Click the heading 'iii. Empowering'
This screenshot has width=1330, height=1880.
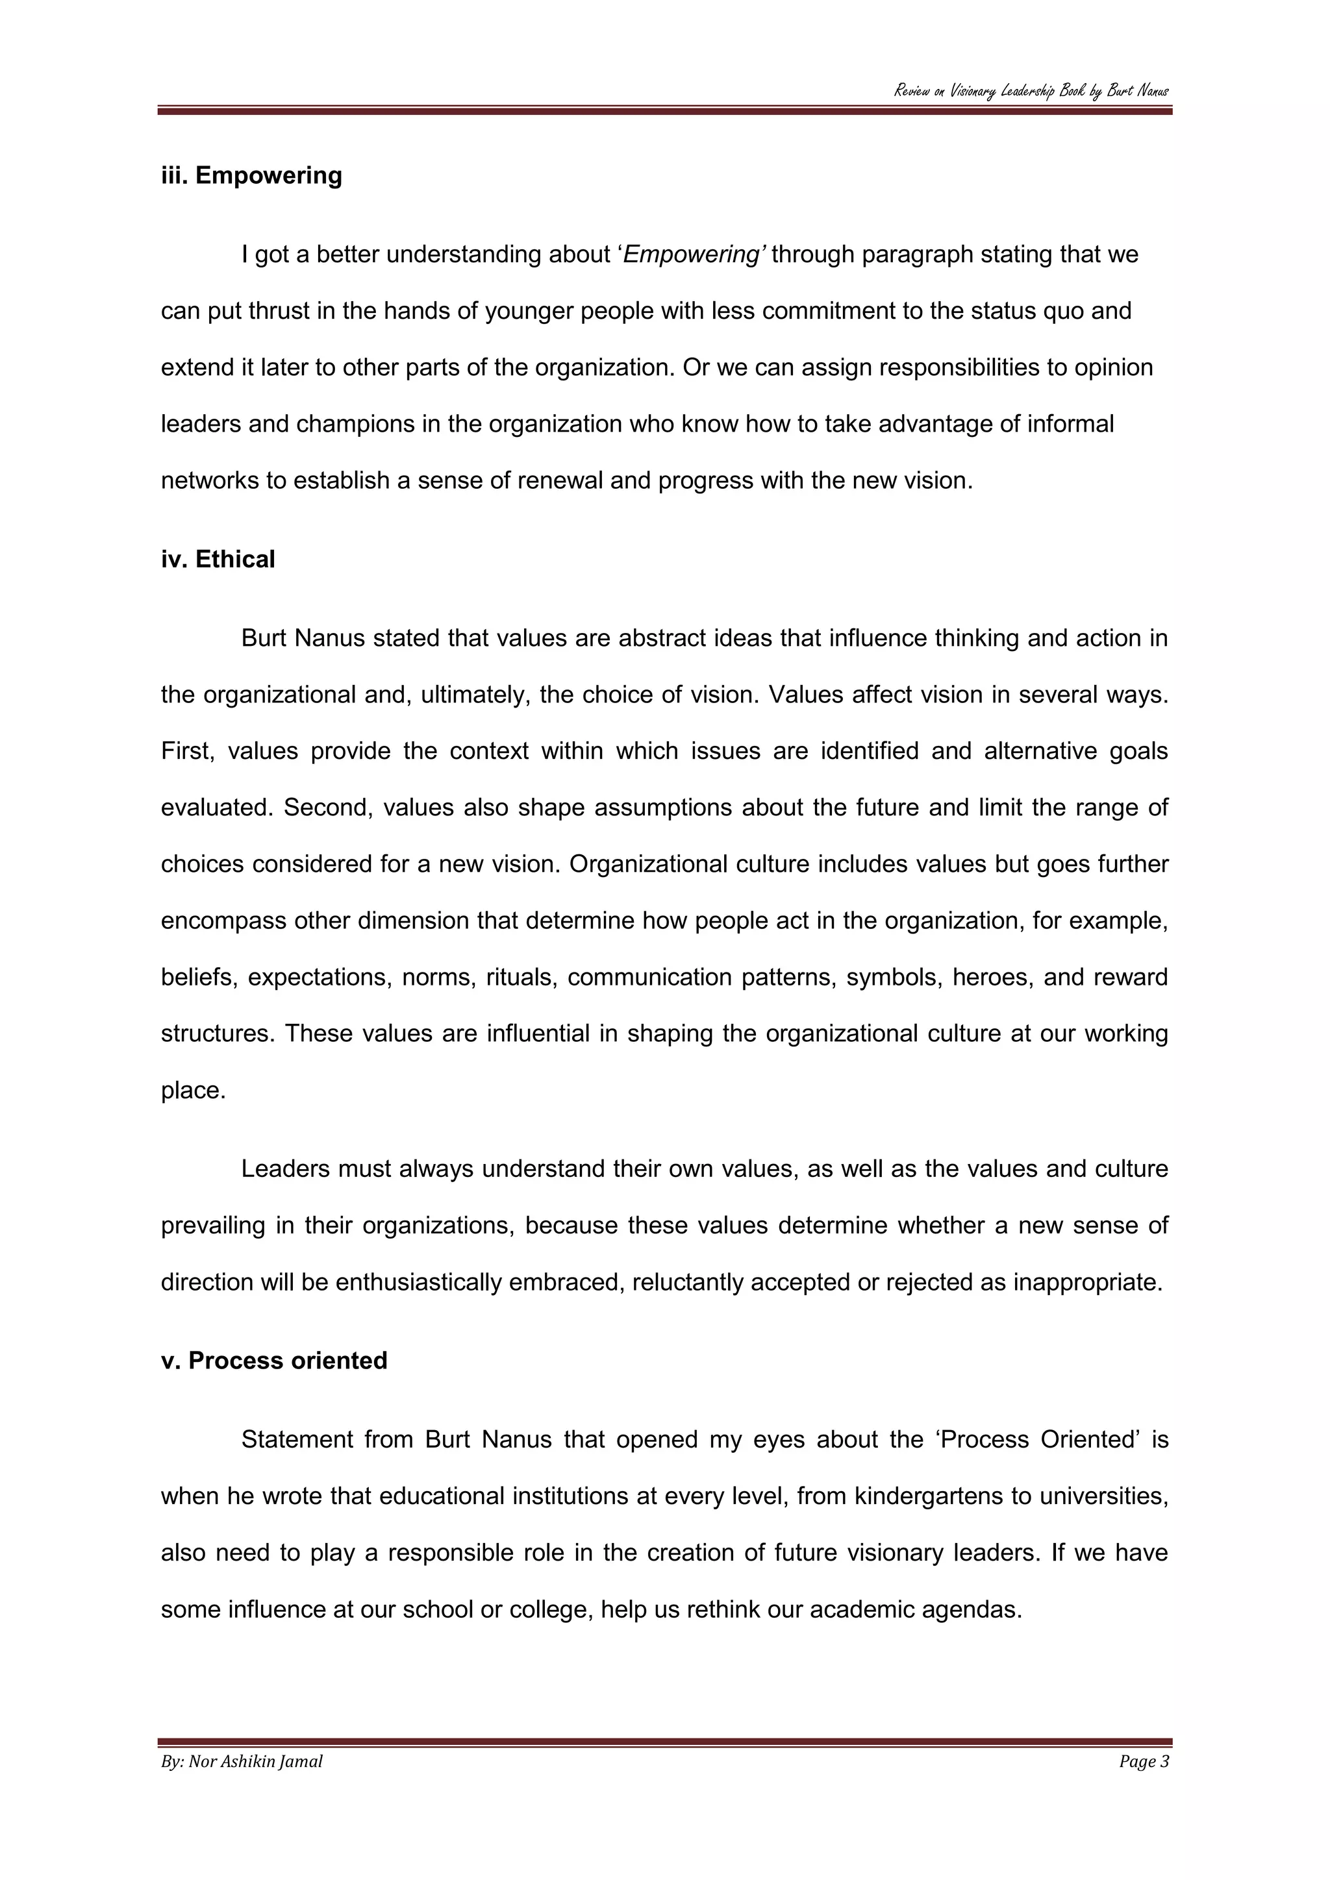click(251, 175)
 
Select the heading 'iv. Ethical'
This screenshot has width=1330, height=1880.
click(218, 559)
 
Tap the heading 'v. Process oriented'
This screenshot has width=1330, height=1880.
click(273, 1360)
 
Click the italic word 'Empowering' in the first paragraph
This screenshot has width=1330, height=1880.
click(693, 254)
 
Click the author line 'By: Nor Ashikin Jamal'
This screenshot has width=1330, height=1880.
click(242, 1761)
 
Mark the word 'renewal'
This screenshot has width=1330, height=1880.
click(557, 480)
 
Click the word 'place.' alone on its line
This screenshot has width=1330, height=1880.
click(194, 1091)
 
